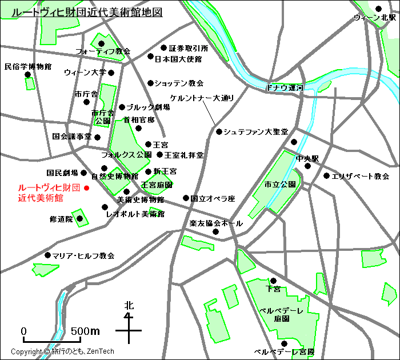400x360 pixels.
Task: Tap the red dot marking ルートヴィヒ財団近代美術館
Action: tap(87, 187)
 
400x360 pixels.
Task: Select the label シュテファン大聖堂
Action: tap(255, 131)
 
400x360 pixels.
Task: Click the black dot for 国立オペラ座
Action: tap(186, 198)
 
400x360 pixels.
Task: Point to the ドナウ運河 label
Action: tap(284, 87)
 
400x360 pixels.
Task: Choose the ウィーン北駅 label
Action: tap(374, 18)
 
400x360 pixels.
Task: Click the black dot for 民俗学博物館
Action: tap(27, 74)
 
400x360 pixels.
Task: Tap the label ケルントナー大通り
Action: tap(202, 98)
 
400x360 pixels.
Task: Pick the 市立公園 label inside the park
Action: tap(279, 185)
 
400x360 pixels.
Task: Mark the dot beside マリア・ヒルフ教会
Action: tap(47, 255)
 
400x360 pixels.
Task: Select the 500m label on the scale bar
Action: tap(85, 331)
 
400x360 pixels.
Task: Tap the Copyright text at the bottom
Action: tap(62, 351)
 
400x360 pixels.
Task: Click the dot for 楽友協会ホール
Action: tap(215, 231)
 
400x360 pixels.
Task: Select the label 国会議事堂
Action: tap(72, 137)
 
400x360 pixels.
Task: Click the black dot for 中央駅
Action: tap(307, 166)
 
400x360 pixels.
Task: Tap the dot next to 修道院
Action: tap(80, 218)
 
